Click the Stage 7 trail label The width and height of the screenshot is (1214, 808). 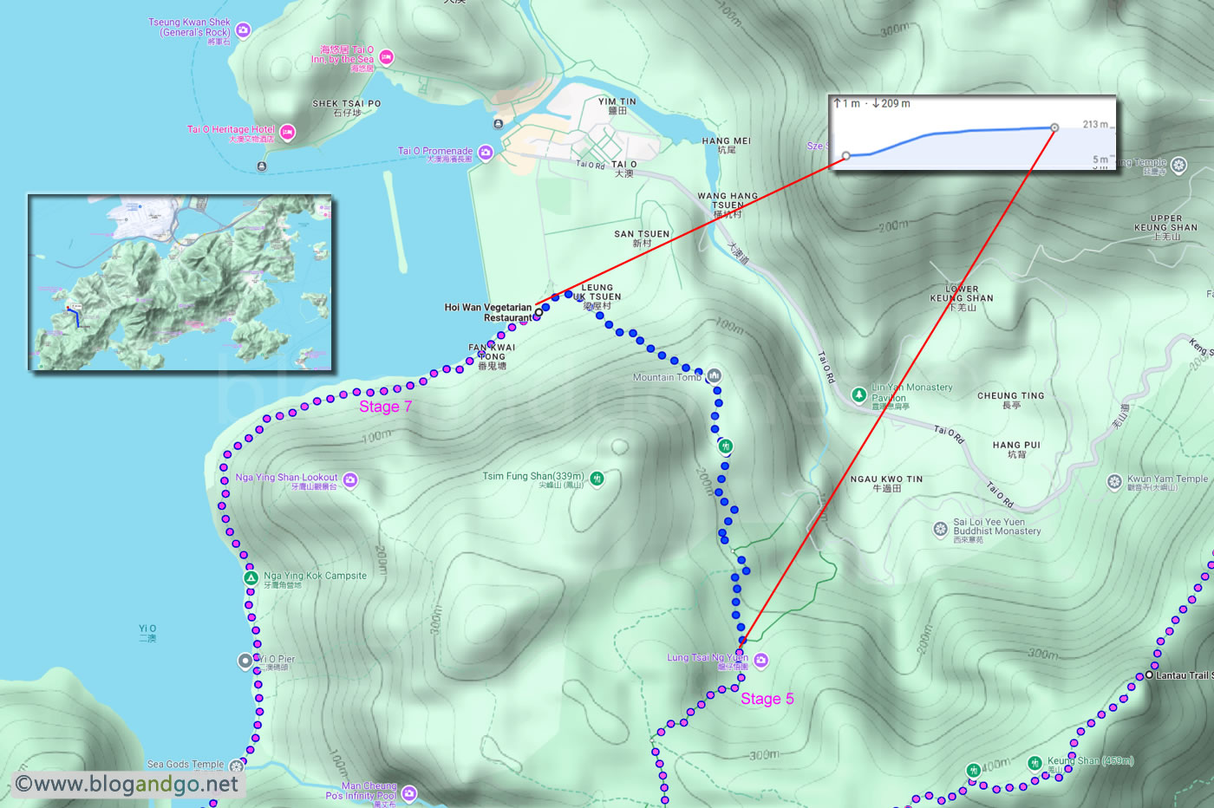(386, 407)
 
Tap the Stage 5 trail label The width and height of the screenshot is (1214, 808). (767, 699)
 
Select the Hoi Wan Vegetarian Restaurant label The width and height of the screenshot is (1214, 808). (488, 312)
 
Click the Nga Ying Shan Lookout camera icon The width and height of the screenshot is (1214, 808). (350, 479)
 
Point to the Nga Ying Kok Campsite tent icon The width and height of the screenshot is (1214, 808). (251, 577)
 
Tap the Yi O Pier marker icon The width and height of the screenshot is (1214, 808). (245, 661)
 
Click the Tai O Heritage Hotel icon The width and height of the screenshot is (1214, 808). (287, 133)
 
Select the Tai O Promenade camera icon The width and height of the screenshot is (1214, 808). (486, 153)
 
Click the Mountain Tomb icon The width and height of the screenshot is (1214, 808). (715, 376)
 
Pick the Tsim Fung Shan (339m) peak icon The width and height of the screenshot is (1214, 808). (597, 478)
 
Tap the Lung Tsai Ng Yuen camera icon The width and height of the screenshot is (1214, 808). (761, 661)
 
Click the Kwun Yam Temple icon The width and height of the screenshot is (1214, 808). (1114, 481)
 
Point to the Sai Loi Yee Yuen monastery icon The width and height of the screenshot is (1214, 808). (940, 529)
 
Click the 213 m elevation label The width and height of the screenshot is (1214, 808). (1095, 124)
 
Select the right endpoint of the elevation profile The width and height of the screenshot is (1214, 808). (1054, 127)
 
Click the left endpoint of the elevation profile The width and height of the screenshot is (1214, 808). (846, 156)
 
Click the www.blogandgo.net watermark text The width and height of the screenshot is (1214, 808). (127, 785)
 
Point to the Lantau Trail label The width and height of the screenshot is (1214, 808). (1184, 675)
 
